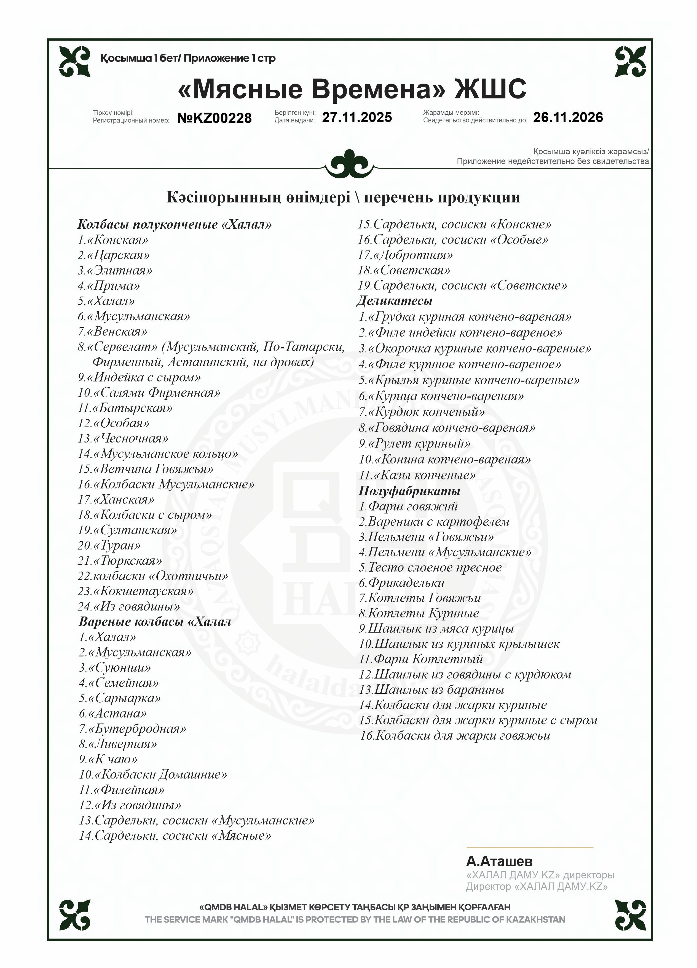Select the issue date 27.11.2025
(356, 117)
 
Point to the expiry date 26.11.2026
(568, 117)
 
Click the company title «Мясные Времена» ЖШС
(352, 89)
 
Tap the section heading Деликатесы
(395, 301)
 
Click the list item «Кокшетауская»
(136, 591)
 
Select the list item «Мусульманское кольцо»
(158, 454)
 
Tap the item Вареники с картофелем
(434, 522)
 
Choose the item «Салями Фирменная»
(149, 393)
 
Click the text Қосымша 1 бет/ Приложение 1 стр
(188, 58)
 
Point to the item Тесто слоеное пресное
(430, 568)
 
